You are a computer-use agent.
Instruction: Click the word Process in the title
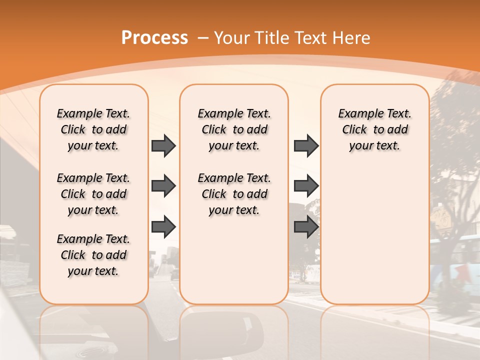[154, 37]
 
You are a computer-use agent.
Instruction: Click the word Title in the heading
[270, 38]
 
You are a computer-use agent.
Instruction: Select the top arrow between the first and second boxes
[163, 146]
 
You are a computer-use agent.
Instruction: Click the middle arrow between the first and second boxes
[163, 186]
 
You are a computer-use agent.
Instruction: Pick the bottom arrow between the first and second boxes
[163, 227]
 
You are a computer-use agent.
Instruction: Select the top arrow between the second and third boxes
[306, 146]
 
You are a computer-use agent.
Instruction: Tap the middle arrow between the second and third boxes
[306, 186]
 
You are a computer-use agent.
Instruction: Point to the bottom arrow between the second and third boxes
[306, 227]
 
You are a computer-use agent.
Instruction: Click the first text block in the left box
[93, 129]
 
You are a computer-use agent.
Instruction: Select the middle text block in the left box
[93, 194]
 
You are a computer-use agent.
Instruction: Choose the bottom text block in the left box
[93, 255]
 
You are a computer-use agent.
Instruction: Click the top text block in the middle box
[234, 129]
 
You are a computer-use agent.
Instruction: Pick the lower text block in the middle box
[234, 194]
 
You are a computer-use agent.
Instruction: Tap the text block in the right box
[375, 129]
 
